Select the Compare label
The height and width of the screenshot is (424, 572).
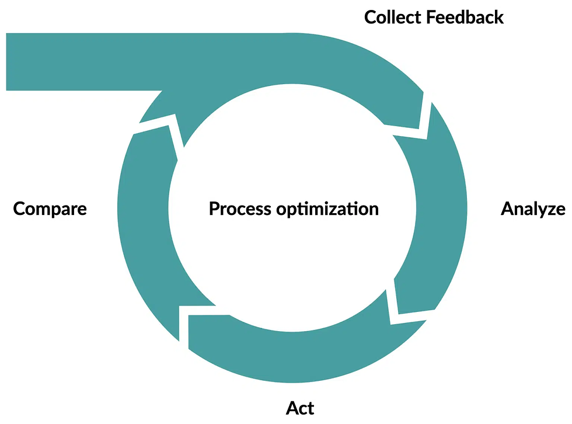pyautogui.click(x=50, y=208)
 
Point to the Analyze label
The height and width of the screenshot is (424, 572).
pyautogui.click(x=533, y=209)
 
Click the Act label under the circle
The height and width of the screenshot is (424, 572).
pyautogui.click(x=300, y=408)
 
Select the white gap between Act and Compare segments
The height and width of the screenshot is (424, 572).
pyautogui.click(x=184, y=327)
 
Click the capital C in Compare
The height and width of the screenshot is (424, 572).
pyautogui.click(x=19, y=209)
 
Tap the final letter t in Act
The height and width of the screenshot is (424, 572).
pyautogui.click(x=310, y=408)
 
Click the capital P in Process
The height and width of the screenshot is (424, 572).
pyautogui.click(x=214, y=208)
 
